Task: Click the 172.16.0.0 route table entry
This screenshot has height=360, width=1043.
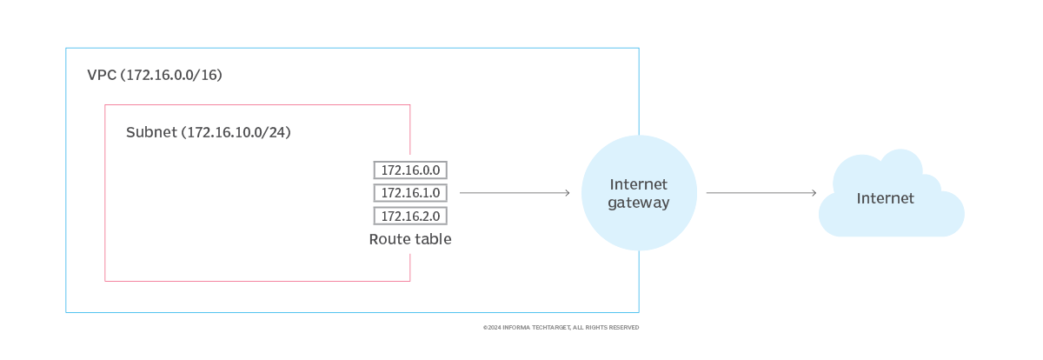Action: coord(410,170)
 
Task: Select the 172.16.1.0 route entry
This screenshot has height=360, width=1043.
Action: coord(410,192)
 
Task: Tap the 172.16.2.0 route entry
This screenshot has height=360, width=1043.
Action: coord(410,216)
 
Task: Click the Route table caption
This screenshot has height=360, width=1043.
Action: coord(410,239)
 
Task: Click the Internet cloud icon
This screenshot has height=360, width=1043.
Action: coord(891,196)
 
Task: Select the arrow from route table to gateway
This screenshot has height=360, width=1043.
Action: coord(513,192)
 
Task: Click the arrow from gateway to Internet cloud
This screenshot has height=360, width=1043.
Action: coord(761,192)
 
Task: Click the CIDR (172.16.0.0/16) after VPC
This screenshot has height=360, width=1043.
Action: coord(172,76)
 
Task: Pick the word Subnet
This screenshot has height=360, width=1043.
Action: coord(150,133)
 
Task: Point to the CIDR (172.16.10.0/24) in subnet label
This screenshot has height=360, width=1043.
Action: coord(236,133)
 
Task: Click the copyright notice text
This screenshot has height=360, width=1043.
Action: coord(561,328)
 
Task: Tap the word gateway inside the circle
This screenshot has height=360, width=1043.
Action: coord(639,203)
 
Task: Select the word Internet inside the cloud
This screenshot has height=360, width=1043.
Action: coord(886,198)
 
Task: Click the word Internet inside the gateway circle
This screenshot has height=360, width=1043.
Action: coord(639,184)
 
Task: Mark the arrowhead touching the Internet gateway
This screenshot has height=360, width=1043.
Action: coord(567,192)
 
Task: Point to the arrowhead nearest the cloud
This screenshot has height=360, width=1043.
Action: coord(814,192)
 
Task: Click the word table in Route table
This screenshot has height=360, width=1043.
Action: coord(432,239)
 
